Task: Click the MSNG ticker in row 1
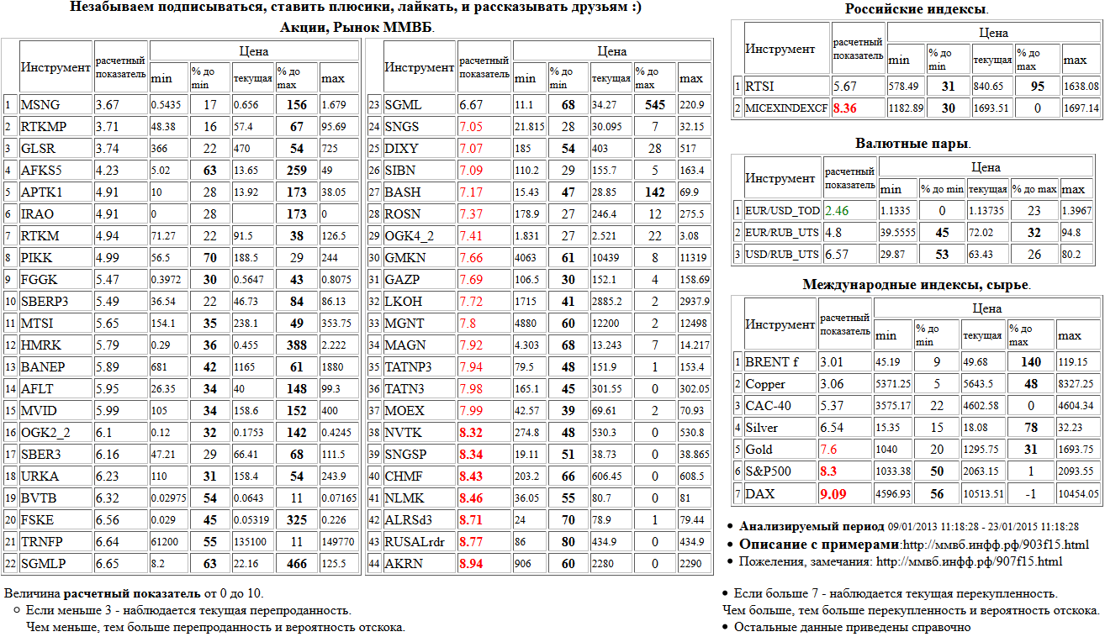click(x=40, y=105)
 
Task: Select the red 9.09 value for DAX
click(x=833, y=494)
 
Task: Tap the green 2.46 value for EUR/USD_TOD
click(x=837, y=211)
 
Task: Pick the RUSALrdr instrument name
click(x=415, y=542)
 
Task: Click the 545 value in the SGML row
click(x=654, y=105)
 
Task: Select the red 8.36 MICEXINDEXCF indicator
click(x=844, y=108)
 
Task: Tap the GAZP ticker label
click(x=402, y=280)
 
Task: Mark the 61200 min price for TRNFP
click(x=164, y=542)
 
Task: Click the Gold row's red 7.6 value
click(x=829, y=450)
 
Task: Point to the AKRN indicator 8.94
click(x=471, y=564)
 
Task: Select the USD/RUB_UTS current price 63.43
click(x=981, y=255)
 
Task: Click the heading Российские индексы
click(x=916, y=9)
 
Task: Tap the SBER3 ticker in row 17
click(x=40, y=455)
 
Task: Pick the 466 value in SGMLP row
click(x=297, y=564)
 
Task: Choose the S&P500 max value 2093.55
click(x=1076, y=471)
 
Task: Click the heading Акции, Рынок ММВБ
click(x=357, y=27)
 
